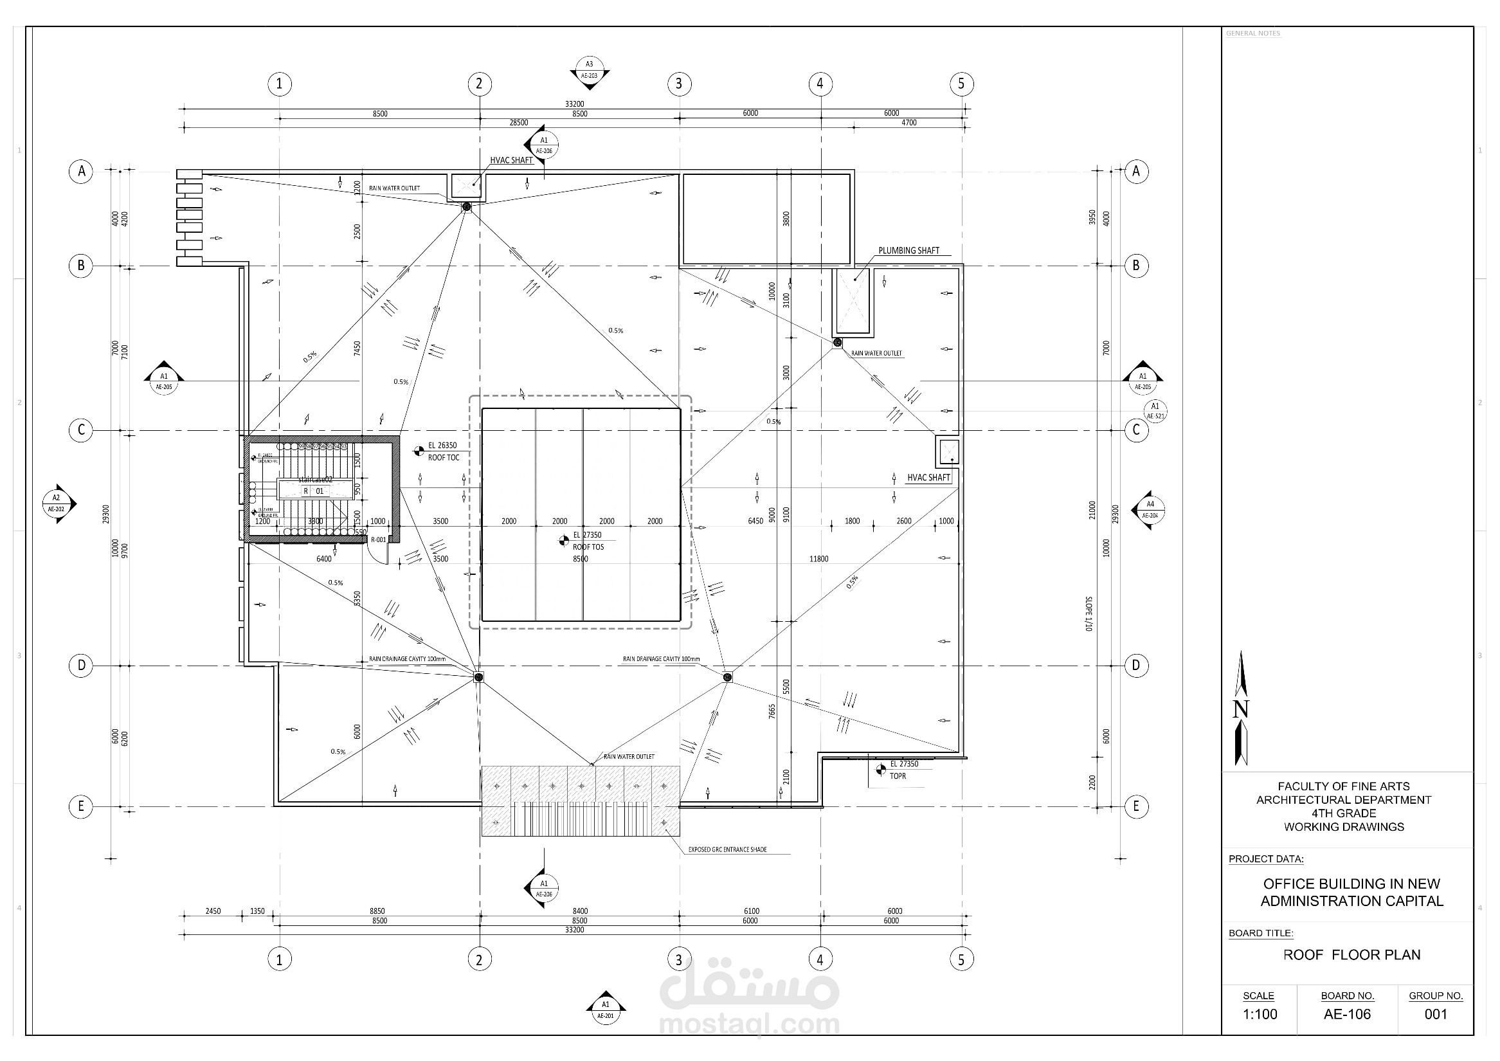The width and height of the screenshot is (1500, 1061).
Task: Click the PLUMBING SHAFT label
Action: [x=908, y=251]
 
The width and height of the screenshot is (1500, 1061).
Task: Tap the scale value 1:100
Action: [x=1259, y=1014]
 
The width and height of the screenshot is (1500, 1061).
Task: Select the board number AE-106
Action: [x=1347, y=1014]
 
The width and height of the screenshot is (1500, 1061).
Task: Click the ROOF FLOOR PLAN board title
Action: [x=1351, y=954]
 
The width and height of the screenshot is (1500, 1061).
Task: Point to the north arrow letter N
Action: [x=1241, y=709]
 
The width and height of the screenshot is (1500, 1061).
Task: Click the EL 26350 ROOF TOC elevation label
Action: [x=443, y=451]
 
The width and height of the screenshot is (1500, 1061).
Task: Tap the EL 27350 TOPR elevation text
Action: [x=903, y=770]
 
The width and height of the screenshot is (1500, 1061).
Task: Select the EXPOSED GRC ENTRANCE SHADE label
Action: [x=727, y=850]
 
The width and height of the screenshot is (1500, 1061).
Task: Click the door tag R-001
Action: [x=378, y=540]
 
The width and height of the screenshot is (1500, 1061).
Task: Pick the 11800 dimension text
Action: [x=818, y=559]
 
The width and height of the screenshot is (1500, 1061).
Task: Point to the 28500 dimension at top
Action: [x=519, y=123]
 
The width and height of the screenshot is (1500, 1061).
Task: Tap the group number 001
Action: [x=1435, y=1014]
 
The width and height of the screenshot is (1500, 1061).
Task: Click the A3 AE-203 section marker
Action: [x=590, y=70]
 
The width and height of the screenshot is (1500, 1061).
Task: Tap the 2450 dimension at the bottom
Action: [x=213, y=911]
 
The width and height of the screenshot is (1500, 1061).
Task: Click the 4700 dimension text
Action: [x=908, y=123]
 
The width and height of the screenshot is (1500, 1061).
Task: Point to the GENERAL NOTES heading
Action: [x=1252, y=33]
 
